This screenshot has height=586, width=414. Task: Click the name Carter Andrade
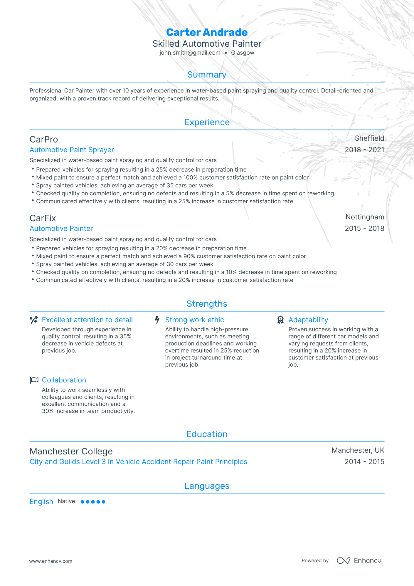(x=207, y=32)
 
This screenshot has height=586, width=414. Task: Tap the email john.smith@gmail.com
(x=190, y=53)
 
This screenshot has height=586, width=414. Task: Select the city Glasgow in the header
(x=243, y=53)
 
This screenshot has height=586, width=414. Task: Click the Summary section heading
(x=207, y=75)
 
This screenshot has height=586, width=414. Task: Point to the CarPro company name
(x=44, y=140)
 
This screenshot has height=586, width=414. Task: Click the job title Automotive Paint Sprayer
(x=72, y=150)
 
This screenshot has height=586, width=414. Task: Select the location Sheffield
(x=369, y=138)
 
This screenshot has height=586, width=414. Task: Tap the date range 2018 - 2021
(x=364, y=150)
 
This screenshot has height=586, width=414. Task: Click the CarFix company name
(x=43, y=218)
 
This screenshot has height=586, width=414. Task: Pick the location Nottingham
(x=365, y=217)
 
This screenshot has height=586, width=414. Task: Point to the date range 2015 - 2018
(x=364, y=229)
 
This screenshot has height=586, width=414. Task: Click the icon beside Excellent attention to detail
(x=34, y=320)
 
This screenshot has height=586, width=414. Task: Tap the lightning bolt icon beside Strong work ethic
(x=157, y=320)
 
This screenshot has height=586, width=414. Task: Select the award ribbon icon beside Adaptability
(x=280, y=320)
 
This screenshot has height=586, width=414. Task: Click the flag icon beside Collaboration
(x=34, y=380)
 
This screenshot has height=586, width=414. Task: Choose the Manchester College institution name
(x=71, y=451)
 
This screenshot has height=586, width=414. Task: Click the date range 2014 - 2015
(x=364, y=462)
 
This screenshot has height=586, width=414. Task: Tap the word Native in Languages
(x=66, y=501)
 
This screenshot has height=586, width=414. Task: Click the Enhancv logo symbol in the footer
(x=343, y=560)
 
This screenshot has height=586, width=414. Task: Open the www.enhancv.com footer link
(x=51, y=561)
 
